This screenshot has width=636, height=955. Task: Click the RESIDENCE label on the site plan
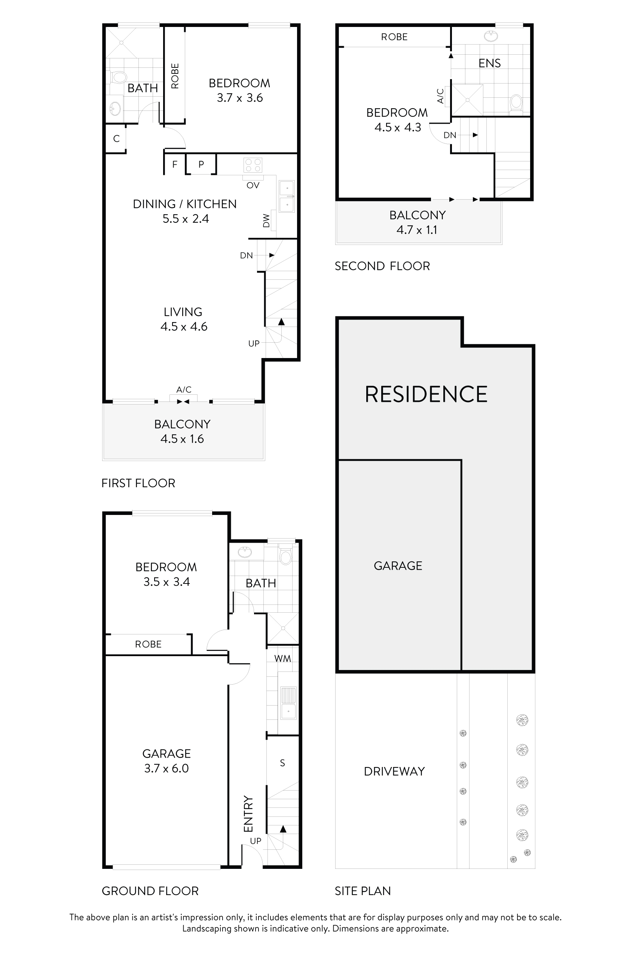pos(426,394)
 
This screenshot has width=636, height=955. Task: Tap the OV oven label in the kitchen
pos(253,185)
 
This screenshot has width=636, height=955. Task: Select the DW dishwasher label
pos(266,221)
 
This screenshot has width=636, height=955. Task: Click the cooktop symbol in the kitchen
pos(253,165)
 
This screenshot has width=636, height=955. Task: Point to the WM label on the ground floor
pos(283,659)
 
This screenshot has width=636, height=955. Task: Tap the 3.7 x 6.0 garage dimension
pos(166,768)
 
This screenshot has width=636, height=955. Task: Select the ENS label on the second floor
pos(489,63)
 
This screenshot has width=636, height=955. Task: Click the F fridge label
pos(175,164)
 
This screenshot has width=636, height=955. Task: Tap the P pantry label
pos(201,164)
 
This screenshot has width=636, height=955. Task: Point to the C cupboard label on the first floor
pos(116,139)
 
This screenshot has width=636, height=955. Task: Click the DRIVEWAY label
pos(394,771)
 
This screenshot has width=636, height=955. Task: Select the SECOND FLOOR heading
pos(382,266)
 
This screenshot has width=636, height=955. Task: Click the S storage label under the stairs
pos(282,763)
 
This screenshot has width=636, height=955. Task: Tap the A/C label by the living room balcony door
pos(184,390)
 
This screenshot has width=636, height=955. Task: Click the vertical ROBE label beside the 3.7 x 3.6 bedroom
pos(175,76)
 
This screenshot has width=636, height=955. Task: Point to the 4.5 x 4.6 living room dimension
pos(184,327)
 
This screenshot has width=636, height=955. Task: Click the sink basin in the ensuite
pos(491,37)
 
